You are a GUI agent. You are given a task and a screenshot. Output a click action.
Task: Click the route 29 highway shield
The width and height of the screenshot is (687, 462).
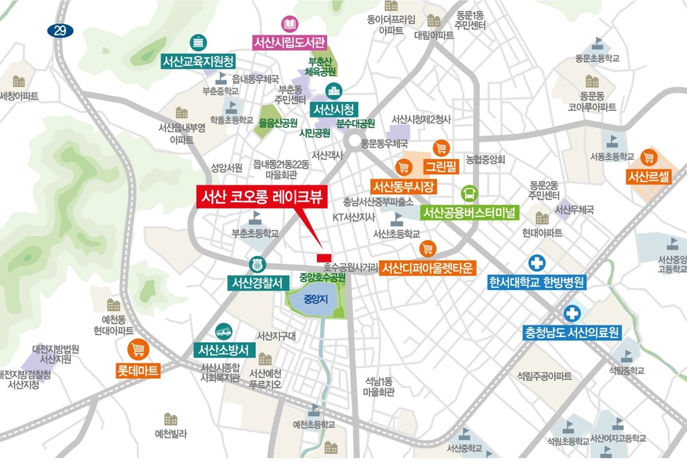pyautogui.click(x=60, y=31)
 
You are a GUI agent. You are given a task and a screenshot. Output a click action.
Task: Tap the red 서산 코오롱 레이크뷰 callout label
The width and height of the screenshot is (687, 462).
pyautogui.click(x=262, y=196)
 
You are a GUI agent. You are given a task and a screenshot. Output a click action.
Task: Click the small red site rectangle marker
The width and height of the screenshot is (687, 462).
pyautogui.click(x=324, y=258)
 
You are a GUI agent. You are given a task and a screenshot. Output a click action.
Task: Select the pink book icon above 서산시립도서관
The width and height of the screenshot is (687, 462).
pyautogui.click(x=289, y=24)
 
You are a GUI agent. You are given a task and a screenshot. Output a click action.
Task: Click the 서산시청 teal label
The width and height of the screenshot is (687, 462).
pyautogui.click(x=333, y=110)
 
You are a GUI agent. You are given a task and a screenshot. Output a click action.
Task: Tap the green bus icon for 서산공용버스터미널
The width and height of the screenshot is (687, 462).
pyautogui.click(x=469, y=194)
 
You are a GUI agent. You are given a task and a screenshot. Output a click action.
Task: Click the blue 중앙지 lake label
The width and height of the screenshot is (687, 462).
pyautogui.click(x=316, y=299)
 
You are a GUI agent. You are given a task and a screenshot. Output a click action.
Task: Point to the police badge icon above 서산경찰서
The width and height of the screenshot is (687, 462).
pyautogui.click(x=257, y=265)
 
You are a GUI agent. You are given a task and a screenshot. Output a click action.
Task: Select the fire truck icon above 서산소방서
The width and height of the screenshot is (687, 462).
pyautogui.click(x=224, y=331)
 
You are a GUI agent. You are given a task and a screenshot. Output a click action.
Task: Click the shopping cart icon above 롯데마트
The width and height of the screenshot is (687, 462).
pyautogui.click(x=138, y=349)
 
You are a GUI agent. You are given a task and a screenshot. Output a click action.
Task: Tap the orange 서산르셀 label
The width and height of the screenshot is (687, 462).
pyautogui.click(x=648, y=177)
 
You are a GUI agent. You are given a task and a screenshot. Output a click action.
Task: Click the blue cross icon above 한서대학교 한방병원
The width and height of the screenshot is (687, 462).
pyautogui.click(x=537, y=263)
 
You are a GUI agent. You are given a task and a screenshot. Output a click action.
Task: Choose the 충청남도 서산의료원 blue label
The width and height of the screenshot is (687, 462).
pyautogui.click(x=571, y=332)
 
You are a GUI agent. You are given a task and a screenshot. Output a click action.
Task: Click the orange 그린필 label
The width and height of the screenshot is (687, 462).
pyautogui.click(x=441, y=166)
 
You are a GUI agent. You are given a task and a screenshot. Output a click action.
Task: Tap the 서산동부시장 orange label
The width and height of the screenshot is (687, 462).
pyautogui.click(x=403, y=186)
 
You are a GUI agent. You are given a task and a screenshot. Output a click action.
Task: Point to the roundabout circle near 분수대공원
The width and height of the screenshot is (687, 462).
pyautogui.click(x=354, y=141)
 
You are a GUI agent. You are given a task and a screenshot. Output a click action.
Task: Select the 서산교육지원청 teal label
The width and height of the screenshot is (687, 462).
pyautogui.click(x=198, y=62)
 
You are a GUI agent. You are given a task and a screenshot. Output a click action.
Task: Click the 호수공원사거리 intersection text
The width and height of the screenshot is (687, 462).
pyautogui.click(x=350, y=267)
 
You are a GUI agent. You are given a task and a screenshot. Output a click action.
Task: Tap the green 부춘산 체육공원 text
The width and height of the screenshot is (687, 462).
pyautogui.click(x=320, y=67)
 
